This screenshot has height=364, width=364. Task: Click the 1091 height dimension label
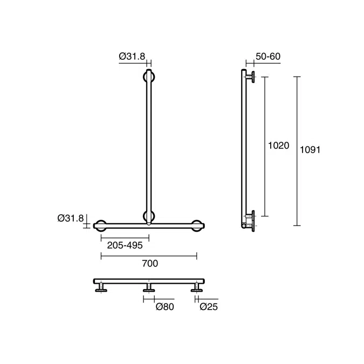tap(310, 150)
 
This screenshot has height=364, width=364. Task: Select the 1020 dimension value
tap(279, 146)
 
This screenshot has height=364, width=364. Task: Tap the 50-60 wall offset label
tap(268, 57)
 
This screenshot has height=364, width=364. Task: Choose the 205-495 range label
tap(125, 245)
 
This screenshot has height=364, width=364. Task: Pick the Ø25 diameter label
tap(208, 307)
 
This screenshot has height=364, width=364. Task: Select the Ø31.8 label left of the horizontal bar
tap(71, 218)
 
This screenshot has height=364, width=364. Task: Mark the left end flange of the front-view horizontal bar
tap(100, 225)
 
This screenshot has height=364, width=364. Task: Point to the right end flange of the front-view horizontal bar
tap(197, 225)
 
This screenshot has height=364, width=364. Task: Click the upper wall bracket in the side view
tap(249, 77)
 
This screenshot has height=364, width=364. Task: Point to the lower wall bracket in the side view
tap(249, 219)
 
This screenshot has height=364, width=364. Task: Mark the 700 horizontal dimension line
tap(149, 256)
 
